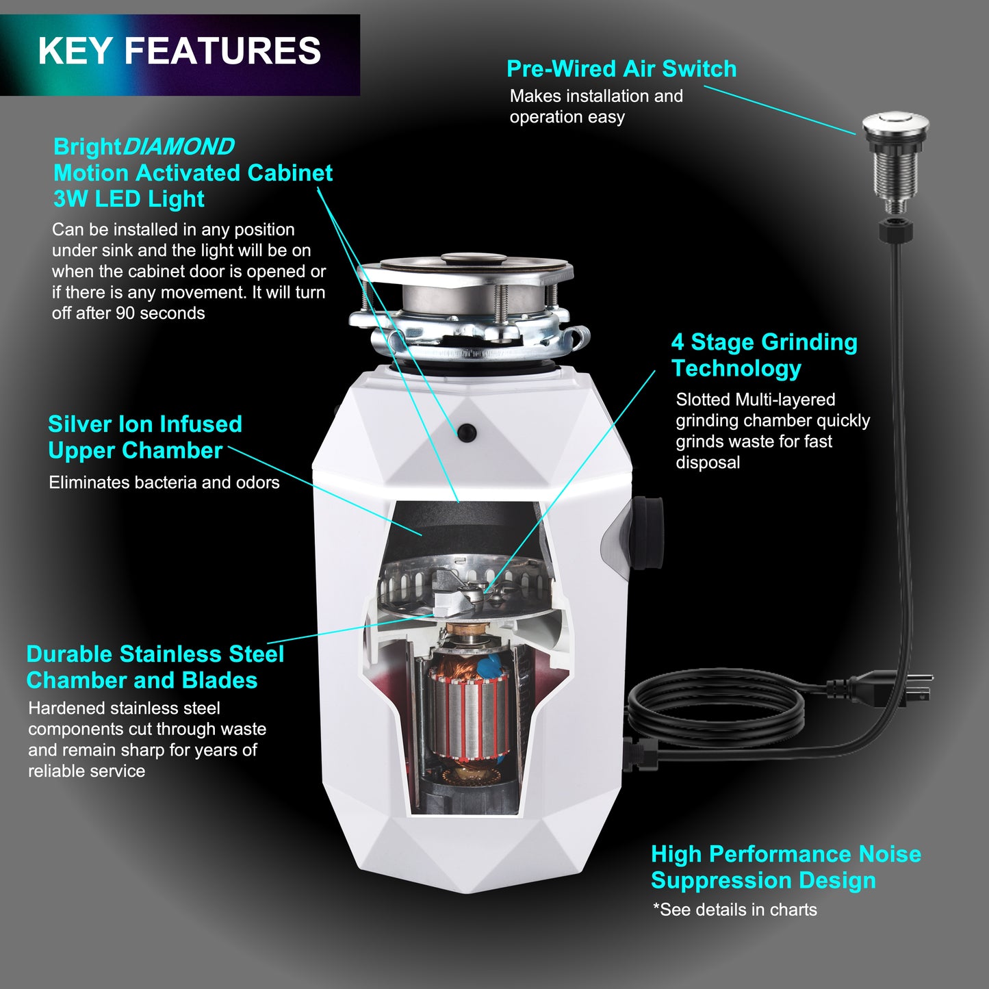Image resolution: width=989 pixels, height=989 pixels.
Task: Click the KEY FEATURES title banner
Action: point(179,52)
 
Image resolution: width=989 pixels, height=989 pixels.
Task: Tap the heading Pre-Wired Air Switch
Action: point(621,69)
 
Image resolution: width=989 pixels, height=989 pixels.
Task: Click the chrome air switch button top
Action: point(895,125)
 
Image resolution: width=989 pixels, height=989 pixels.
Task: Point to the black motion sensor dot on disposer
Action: point(467,432)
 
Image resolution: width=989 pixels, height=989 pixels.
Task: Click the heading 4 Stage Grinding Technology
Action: point(764,355)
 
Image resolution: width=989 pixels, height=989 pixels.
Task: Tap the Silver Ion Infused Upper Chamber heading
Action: point(144,437)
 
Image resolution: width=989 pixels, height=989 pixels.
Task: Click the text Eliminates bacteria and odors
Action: point(164,483)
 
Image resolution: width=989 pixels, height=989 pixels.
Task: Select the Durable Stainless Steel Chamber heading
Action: point(155,667)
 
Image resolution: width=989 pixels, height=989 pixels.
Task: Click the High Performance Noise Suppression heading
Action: point(785,867)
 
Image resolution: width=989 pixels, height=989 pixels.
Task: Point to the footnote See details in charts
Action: point(735,910)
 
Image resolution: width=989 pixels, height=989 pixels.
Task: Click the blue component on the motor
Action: point(489,665)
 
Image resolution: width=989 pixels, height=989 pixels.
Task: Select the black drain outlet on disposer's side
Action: point(646,534)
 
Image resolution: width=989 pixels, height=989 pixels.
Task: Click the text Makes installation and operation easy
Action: point(595,106)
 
